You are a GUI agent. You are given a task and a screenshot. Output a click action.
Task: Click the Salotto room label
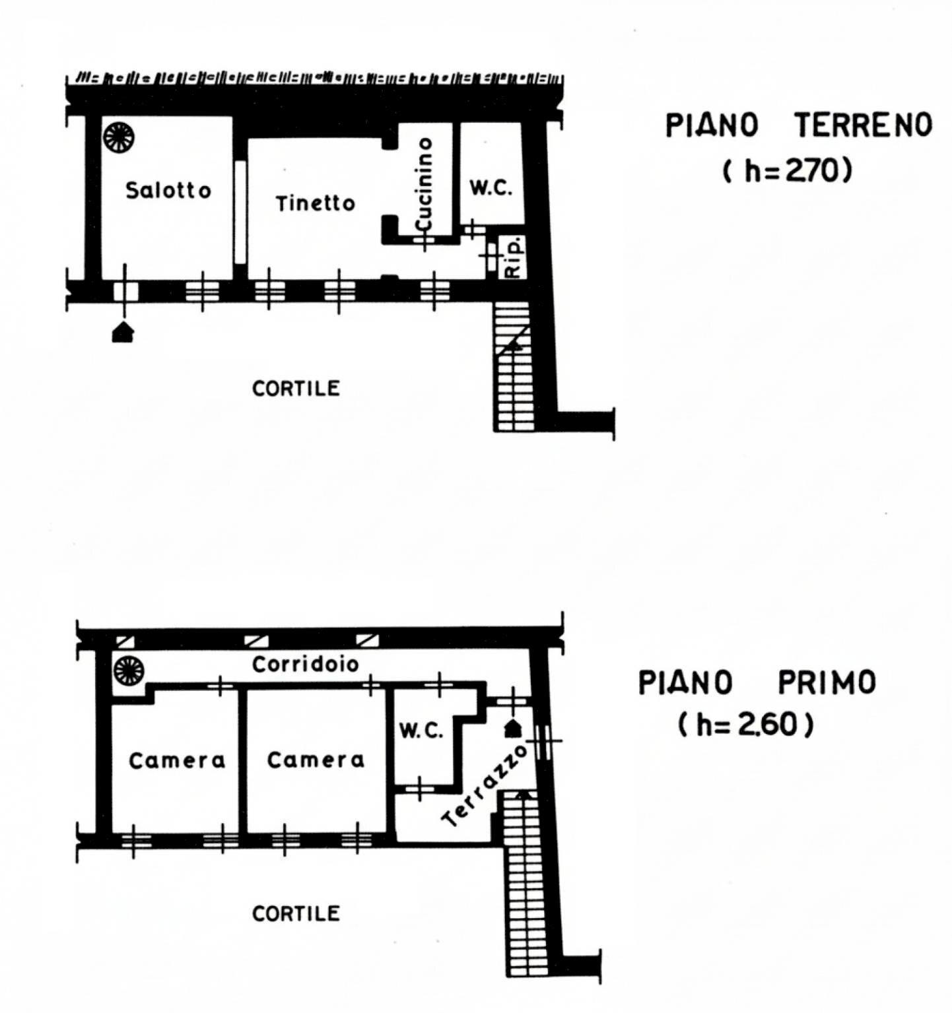168,191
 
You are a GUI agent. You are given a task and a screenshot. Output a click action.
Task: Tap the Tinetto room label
315,203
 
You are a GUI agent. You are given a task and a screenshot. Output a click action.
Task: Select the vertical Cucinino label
425,184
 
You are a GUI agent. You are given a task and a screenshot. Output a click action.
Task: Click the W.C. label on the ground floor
491,188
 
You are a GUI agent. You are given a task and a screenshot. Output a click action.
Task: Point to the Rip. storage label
513,257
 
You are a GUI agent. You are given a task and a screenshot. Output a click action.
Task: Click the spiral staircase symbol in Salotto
119,137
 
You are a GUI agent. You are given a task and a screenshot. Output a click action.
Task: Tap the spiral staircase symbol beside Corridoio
129,670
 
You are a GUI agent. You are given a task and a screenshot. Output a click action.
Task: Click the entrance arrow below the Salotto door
123,332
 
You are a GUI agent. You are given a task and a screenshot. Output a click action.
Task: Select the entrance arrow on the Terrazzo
513,729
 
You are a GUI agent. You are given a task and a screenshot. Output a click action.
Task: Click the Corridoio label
305,664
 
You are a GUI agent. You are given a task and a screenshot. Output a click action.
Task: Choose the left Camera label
177,761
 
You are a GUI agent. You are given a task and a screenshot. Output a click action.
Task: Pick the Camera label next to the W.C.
316,760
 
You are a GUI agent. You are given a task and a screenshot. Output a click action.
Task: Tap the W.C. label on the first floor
421,731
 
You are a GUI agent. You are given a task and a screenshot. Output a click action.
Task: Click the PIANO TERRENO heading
798,125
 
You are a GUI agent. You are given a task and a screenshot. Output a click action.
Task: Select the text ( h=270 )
787,172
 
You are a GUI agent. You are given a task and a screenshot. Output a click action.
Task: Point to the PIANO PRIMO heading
757,683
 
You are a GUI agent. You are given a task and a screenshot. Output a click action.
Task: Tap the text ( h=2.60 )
745,725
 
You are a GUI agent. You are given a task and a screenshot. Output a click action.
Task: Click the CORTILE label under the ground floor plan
296,388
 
